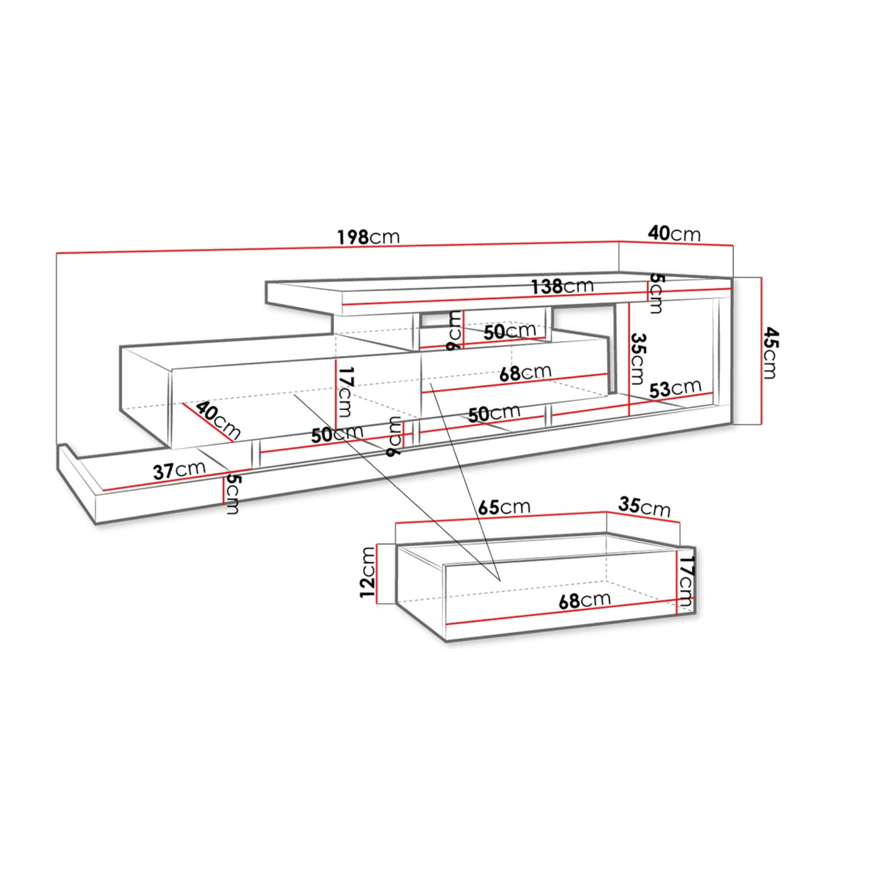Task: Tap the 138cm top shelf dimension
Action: tap(562, 286)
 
